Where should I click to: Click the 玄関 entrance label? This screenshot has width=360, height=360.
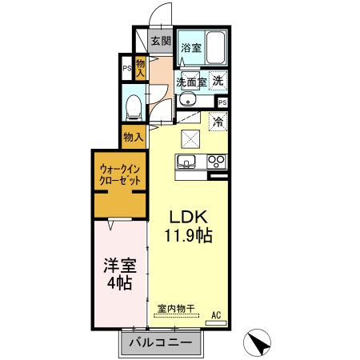point(161,41)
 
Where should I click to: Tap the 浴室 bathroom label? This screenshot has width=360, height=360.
point(190,47)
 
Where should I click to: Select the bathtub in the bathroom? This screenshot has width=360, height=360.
point(214,46)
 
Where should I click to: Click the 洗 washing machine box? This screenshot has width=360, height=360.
point(218,79)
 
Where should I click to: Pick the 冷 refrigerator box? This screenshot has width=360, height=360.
point(218,122)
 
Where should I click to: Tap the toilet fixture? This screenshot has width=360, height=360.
point(134,106)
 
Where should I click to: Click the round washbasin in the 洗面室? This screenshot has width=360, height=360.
point(186,99)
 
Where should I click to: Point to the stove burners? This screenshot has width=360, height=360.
point(216,162)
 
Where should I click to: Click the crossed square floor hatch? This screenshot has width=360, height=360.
point(192,138)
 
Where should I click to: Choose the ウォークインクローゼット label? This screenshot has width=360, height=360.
point(120,175)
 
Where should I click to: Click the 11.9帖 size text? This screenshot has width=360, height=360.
point(188,236)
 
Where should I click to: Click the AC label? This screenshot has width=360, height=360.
point(216,316)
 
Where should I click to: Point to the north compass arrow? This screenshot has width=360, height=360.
point(258,342)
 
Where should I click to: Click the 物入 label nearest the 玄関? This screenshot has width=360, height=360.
point(141,68)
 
